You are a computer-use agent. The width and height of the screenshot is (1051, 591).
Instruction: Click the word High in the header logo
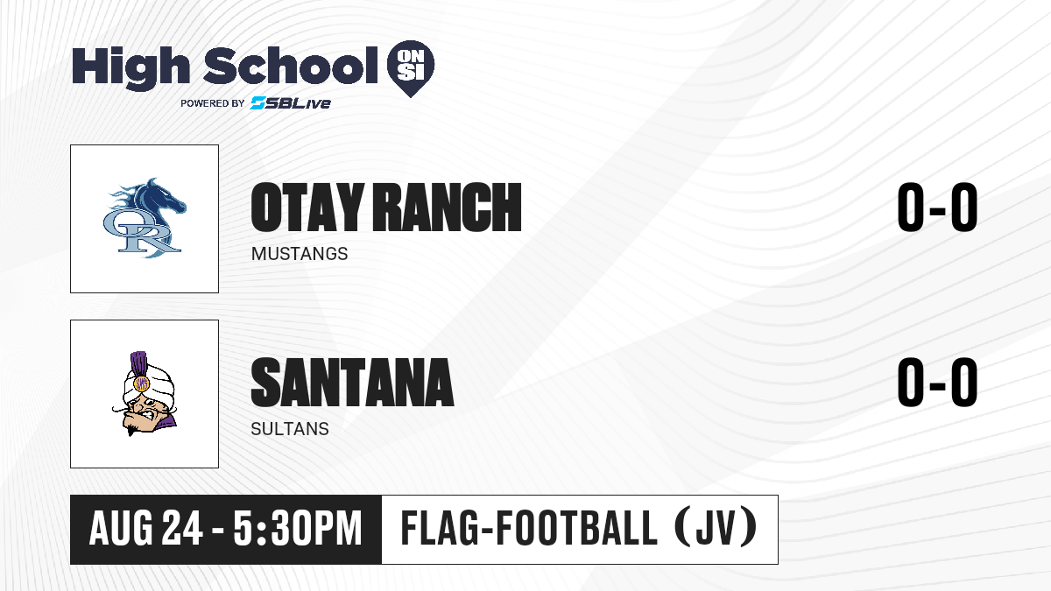tap(131, 67)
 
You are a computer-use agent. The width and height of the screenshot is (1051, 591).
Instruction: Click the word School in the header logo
tap(291, 66)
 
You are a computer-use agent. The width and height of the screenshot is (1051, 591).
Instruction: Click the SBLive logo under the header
tap(291, 103)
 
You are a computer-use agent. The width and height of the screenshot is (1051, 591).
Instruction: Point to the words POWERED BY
tap(213, 103)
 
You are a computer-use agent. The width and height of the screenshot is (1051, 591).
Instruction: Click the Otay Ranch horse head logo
tap(145, 218)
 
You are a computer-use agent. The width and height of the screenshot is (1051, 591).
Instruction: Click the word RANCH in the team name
tap(448, 208)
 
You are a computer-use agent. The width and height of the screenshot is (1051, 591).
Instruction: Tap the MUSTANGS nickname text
tap(300, 254)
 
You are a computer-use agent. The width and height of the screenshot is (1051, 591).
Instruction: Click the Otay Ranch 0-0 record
tap(937, 208)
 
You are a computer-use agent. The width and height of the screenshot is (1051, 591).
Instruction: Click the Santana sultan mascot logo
tap(145, 393)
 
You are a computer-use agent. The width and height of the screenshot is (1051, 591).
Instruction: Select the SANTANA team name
tap(352, 383)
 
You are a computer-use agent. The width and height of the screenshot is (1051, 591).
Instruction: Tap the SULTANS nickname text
tap(290, 429)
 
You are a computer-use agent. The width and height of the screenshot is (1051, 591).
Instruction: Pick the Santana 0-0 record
tap(937, 383)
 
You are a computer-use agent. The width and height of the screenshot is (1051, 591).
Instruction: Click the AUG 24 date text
tap(146, 529)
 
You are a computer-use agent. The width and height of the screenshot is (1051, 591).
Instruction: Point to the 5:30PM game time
tap(298, 529)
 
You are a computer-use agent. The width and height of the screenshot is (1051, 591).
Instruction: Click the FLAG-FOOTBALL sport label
tap(529, 529)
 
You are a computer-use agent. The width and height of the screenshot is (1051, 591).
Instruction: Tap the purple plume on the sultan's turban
tap(138, 362)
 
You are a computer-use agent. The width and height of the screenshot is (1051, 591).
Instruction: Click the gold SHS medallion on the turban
tap(141, 383)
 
